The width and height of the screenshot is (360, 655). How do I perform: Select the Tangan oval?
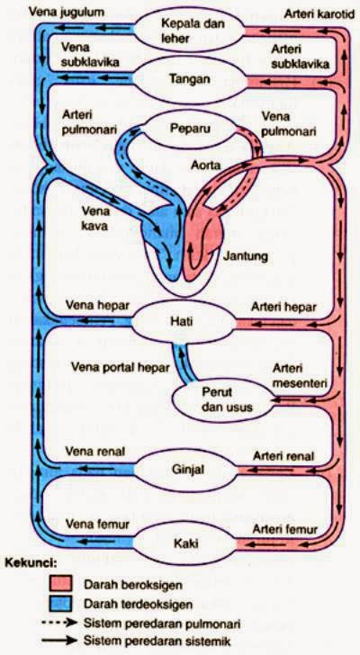[189, 79]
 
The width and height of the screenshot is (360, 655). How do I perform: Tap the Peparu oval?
[189, 129]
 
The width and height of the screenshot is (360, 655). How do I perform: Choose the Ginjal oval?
[189, 470]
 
